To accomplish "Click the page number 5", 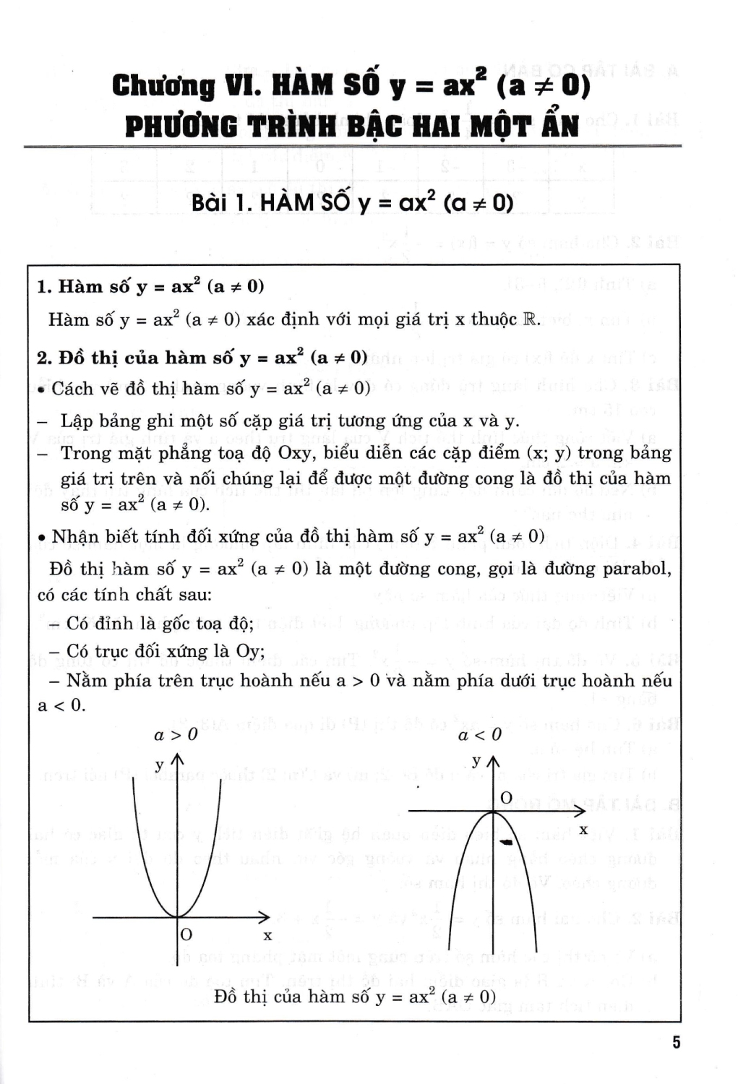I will pos(676,1042).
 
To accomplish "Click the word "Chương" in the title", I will pos(163,86).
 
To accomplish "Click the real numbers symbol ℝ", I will pos(531,319).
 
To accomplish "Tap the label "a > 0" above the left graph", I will pos(176,735).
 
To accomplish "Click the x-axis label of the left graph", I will pos(267,936).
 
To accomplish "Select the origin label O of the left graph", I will pos(186,934).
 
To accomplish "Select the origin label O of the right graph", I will pos(506,797).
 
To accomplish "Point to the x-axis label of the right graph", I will pos(583,830).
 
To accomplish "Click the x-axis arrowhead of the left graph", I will pos(265,917).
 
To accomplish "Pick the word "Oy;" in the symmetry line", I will pos(250,651).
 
